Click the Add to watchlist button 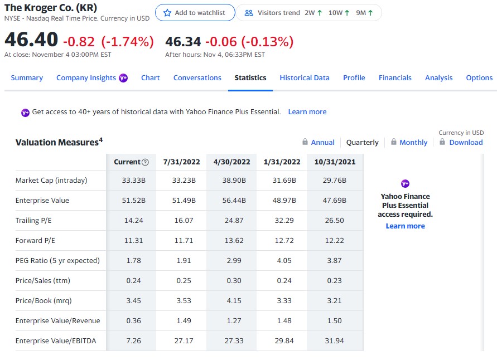195,13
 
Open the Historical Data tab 305,78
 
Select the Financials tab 395,78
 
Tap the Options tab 479,78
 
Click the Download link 466,143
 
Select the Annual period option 322,143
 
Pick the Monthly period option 413,143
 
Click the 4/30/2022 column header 232,162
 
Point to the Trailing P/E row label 33,221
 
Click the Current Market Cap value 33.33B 133,181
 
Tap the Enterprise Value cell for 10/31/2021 334,201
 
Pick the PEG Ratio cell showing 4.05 284,261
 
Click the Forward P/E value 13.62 232,241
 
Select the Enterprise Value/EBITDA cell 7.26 133,341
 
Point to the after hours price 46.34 183,42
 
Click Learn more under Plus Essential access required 405,226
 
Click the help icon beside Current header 146,162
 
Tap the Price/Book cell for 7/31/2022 184,301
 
